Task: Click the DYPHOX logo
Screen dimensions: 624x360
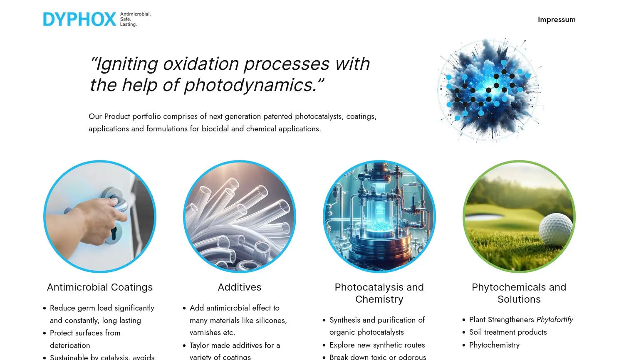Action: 97,19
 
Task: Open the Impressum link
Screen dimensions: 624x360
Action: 556,20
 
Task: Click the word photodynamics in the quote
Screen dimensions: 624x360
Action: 250,85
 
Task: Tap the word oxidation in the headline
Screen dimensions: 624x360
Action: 201,64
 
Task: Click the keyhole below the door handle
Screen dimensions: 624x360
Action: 114,233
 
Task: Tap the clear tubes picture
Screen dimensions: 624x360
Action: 240,216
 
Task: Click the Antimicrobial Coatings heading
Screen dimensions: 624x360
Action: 100,287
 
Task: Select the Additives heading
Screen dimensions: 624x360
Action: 240,287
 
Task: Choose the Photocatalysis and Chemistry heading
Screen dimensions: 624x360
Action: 379,293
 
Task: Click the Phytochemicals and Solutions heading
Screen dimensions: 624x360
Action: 519,293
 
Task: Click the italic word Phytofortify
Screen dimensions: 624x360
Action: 555,320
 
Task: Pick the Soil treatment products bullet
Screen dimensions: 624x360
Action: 508,332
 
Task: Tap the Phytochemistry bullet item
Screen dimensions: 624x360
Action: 494,345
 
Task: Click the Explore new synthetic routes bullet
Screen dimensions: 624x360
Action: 377,345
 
